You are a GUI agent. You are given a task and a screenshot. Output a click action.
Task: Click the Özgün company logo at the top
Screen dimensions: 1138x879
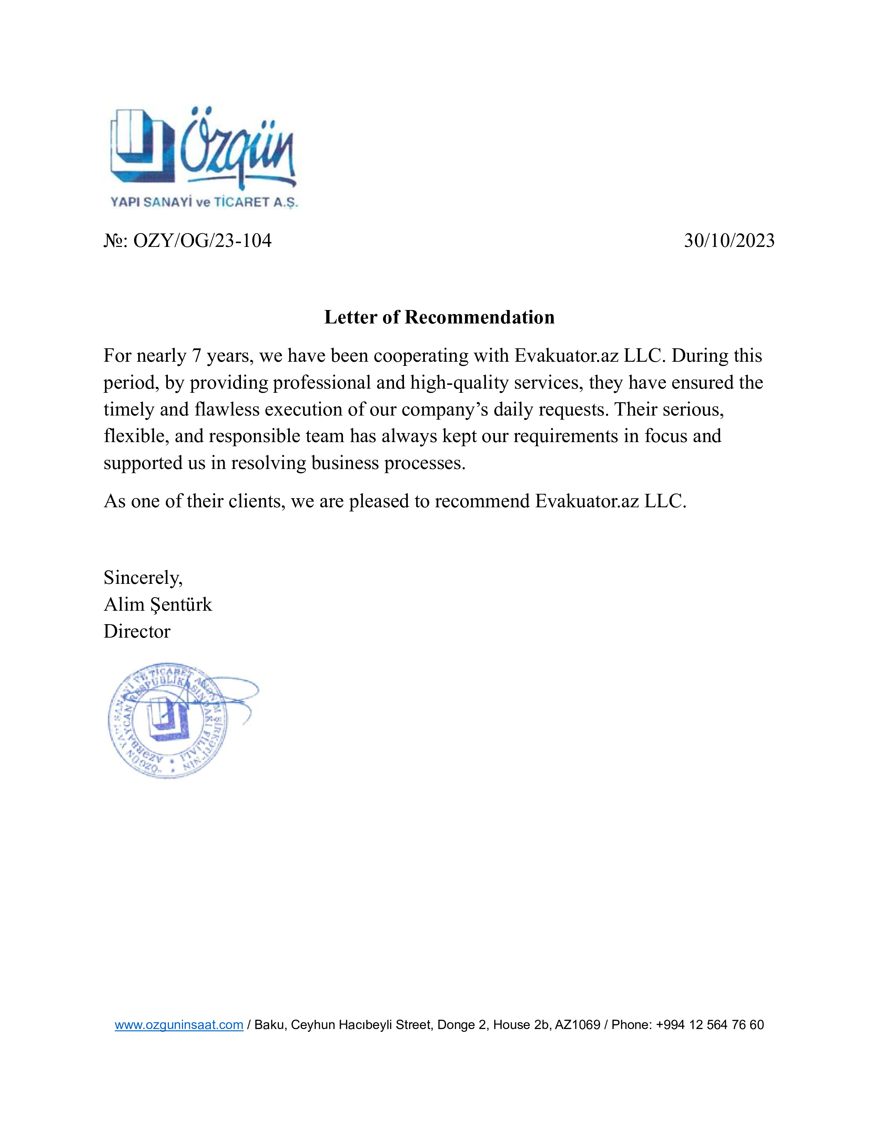point(203,149)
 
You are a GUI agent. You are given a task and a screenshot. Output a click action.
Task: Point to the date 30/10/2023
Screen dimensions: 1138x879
point(729,241)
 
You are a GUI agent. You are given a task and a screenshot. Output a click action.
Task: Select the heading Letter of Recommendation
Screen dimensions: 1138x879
point(439,317)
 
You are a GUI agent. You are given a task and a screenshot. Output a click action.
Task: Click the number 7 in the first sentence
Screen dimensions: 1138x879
point(196,356)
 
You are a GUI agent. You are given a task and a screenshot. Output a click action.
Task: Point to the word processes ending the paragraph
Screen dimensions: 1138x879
point(424,463)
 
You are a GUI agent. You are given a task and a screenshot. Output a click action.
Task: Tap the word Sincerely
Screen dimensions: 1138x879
point(143,578)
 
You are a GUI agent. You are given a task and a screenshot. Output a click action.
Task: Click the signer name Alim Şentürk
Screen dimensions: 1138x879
point(158,605)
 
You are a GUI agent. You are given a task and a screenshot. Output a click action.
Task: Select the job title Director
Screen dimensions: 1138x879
point(137,631)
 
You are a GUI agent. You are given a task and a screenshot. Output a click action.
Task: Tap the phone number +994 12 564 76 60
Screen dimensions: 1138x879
point(710,1025)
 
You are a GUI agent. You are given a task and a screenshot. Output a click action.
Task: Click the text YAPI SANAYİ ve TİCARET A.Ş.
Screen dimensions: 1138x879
point(204,202)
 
